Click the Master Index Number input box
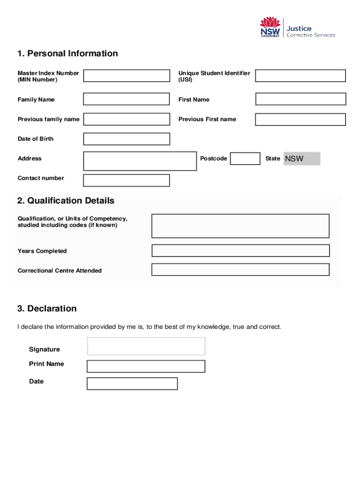tap(126, 76)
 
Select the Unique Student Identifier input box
tap(300, 76)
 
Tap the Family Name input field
tap(126, 99)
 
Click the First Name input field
tap(300, 99)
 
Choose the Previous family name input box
tap(126, 119)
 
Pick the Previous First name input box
tap(300, 119)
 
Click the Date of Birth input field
tap(126, 139)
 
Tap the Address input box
tap(140, 161)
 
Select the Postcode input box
tap(245, 159)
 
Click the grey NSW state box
tap(302, 159)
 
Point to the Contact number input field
tap(126, 180)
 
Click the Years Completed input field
tap(240, 251)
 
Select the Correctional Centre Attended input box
tap(240, 270)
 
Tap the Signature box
tap(146, 346)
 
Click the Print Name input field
tap(146, 366)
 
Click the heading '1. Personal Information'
tap(68, 53)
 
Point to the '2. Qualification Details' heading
tap(66, 201)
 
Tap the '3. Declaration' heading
tap(47, 309)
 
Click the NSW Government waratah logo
tap(270, 28)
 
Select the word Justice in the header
tap(299, 29)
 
